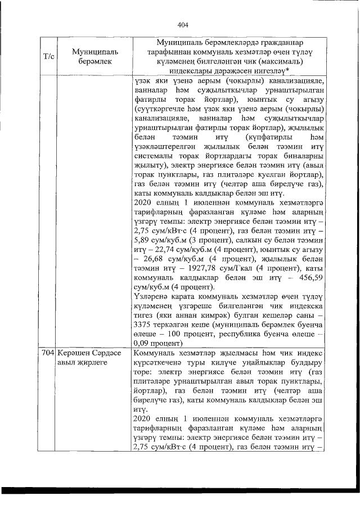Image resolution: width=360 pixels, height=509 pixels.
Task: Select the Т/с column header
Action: [x=48, y=57]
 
